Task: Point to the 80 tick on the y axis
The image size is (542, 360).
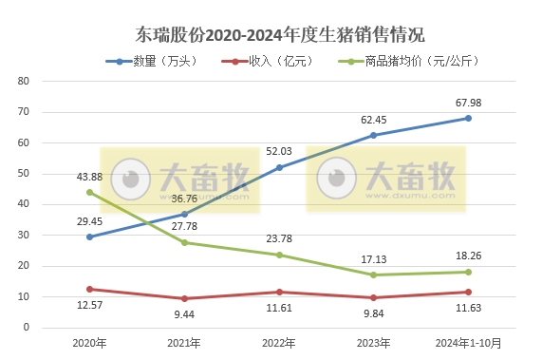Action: pos(24,81)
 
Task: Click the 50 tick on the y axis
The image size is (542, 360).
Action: pos(24,173)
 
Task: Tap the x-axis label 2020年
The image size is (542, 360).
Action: pos(89,343)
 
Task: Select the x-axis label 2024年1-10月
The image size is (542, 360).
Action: pos(468,343)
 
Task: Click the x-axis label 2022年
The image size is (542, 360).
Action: pos(279,343)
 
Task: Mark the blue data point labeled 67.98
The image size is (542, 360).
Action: pos(468,118)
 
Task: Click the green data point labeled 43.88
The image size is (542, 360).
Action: pos(89,192)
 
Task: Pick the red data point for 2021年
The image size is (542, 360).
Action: pos(184,298)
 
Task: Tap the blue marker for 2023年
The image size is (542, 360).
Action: pos(373,135)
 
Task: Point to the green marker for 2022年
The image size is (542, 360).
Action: pos(279,255)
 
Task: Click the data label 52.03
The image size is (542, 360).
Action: pos(279,150)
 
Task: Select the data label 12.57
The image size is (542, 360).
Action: pos(90,305)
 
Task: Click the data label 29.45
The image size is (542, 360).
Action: pos(89,221)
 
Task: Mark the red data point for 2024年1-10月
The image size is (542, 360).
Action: pos(468,292)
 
